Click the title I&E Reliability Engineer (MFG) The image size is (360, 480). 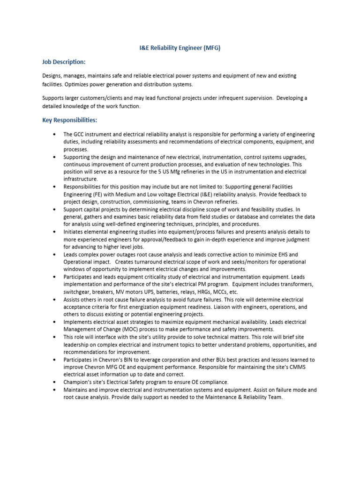180,48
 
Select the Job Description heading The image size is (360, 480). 64,62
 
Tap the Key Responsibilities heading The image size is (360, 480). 69,120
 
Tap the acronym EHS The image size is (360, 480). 292,254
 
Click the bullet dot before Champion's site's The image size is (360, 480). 55,382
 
